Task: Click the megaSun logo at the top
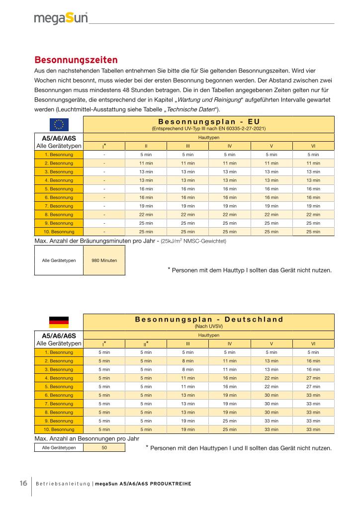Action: (61, 18)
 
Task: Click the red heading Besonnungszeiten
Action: (76, 60)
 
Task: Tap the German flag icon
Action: (59, 322)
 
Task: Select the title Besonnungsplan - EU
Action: (209, 121)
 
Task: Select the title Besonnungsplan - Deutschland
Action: (209, 319)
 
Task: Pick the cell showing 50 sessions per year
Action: (104, 447)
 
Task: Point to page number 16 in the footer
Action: (23, 483)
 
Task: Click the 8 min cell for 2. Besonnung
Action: (188, 361)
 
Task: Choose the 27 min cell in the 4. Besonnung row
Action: (313, 378)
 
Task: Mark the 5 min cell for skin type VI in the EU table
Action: (313, 155)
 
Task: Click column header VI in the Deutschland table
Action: (313, 343)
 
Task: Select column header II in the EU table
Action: (146, 146)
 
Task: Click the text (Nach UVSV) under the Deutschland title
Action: (209, 327)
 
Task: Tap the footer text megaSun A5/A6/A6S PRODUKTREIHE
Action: (143, 484)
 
